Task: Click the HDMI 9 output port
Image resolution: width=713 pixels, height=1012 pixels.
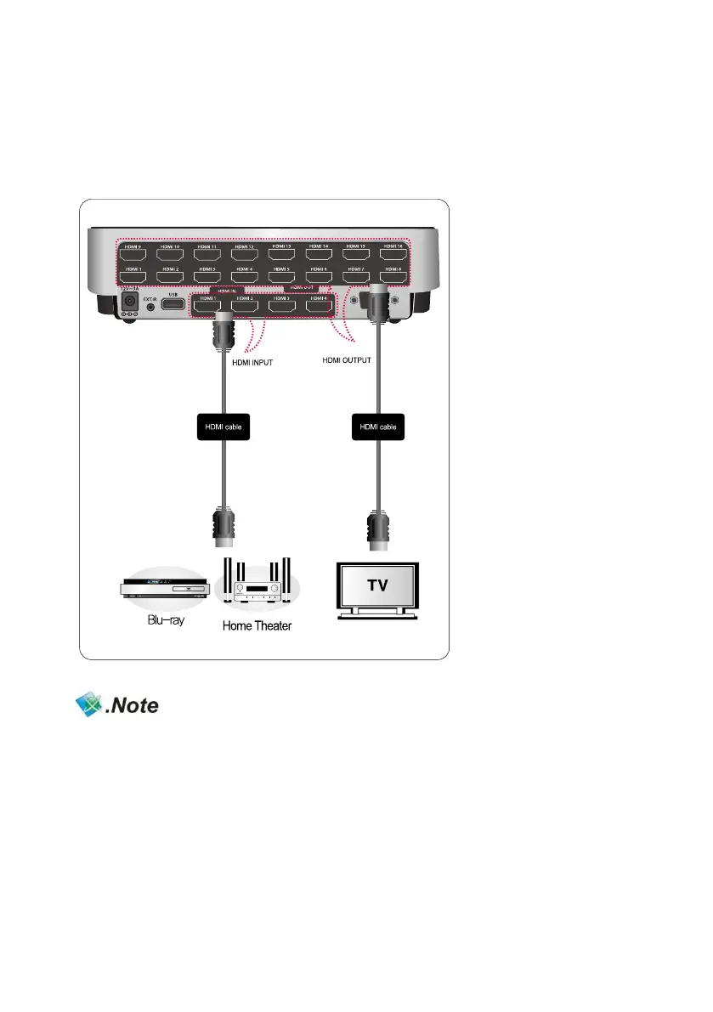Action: [133, 253]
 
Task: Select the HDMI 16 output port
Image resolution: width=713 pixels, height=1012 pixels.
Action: [393, 253]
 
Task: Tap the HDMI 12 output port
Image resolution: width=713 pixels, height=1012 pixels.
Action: [245, 253]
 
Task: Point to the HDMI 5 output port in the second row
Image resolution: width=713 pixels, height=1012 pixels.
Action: [281, 276]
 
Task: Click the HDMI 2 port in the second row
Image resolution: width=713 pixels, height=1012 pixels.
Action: [170, 276]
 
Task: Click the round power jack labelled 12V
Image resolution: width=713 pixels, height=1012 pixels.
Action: [131, 302]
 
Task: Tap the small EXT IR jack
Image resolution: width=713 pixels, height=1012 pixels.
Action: [150, 307]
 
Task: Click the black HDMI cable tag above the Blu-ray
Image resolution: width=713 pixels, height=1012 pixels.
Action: [224, 426]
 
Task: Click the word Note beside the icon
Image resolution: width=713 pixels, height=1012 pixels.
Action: [133, 706]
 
